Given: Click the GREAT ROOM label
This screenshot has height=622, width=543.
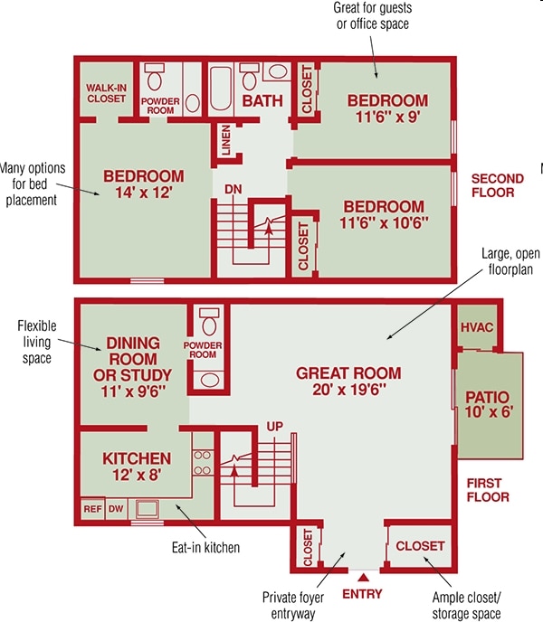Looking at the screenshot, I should [x=348, y=381].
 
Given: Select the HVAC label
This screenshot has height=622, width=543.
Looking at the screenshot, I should [x=476, y=327].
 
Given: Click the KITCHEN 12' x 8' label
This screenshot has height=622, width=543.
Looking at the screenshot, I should [x=136, y=466].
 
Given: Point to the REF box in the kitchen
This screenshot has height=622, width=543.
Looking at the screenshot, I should [x=92, y=509].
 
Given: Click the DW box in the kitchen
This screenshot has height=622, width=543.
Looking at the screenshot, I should [x=115, y=509].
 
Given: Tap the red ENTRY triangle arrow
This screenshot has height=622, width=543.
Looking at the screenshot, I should [x=363, y=575].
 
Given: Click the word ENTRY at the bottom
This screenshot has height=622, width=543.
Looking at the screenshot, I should [x=362, y=594].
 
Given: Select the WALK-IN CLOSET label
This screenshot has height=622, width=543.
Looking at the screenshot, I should [x=106, y=93].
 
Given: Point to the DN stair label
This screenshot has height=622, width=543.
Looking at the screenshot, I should [x=233, y=189].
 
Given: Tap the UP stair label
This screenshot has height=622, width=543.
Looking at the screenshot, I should [x=275, y=426].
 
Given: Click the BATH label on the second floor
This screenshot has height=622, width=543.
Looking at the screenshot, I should [x=262, y=100].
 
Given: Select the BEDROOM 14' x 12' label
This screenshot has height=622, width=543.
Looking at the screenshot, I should [x=143, y=184].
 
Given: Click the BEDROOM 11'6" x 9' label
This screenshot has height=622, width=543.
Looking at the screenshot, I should [x=387, y=107].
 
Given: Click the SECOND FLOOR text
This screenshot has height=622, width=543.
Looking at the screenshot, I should [x=492, y=185].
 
